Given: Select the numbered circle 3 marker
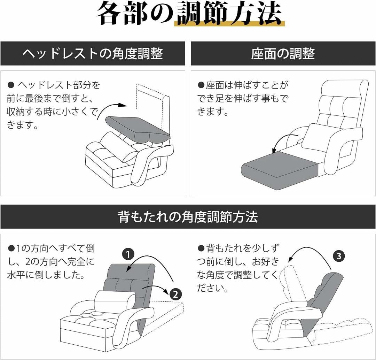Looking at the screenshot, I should click(x=339, y=256).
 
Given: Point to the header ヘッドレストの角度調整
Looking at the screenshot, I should click(x=93, y=54).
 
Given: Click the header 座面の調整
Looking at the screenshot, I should click(x=283, y=54).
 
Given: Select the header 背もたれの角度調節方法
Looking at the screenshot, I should click(x=188, y=217).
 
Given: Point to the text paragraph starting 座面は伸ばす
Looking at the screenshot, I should click(x=243, y=99).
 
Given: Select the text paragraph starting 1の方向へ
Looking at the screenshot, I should click(x=51, y=262).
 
